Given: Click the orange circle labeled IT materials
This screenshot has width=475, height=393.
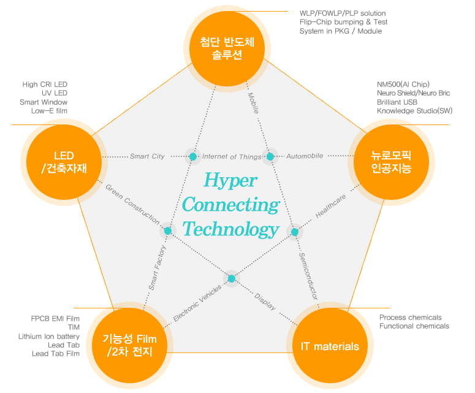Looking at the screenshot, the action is pos(330,346).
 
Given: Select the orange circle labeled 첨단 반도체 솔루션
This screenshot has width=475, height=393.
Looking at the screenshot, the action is pos(227,48).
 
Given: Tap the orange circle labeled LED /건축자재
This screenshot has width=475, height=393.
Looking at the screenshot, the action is pos(64,162).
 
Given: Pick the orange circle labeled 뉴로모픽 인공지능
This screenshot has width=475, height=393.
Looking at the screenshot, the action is pos(391,162).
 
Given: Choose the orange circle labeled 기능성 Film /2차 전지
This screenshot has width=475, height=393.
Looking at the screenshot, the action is pos(129,346).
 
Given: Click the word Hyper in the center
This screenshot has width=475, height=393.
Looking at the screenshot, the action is pos(230,181).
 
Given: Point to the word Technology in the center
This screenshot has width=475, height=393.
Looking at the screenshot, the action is pos(230,229).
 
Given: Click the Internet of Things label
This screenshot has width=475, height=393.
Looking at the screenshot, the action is pos(232,156).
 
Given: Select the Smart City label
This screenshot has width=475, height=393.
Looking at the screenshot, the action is pos(147,156).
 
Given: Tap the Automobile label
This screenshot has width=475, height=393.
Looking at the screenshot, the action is pos(305,156).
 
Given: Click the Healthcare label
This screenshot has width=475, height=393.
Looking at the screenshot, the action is pos(330,207).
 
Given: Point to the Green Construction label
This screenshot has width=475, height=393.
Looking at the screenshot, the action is pos(132,204).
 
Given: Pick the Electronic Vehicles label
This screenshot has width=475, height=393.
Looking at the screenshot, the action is pos(197,303).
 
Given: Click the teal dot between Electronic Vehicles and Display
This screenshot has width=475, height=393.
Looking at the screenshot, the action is pos(232,279).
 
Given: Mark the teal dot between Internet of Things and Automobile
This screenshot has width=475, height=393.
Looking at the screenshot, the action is pos(270,157).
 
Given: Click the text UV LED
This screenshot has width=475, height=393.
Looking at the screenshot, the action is pos(55,93).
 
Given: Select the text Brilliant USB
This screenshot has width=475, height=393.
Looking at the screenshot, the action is pos(397,102).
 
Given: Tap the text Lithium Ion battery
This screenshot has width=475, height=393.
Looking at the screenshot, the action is pos(49,337).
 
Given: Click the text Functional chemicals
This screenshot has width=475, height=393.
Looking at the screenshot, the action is pos(414,326).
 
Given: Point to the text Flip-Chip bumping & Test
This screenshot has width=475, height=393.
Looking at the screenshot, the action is pos(343,22).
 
